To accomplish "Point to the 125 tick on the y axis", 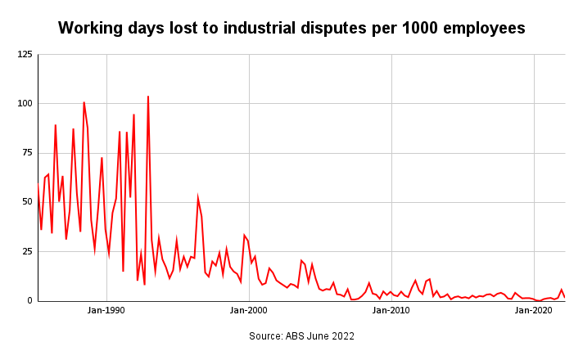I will coord(25,55).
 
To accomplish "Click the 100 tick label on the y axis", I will coord(25,104).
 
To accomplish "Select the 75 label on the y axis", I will coord(27,153).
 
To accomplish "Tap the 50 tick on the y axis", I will coord(27,202).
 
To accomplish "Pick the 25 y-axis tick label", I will coord(27,251).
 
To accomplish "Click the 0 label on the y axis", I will coord(29,300).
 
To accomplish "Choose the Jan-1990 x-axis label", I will coord(106,311).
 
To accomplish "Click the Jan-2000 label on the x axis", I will coord(249,311).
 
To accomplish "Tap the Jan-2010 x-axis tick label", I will coord(391,311).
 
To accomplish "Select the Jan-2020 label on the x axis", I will coord(534,311).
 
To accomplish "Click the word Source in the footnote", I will coord(266,335).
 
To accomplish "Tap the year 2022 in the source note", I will coord(342,335).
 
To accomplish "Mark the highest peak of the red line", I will coord(148,97).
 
